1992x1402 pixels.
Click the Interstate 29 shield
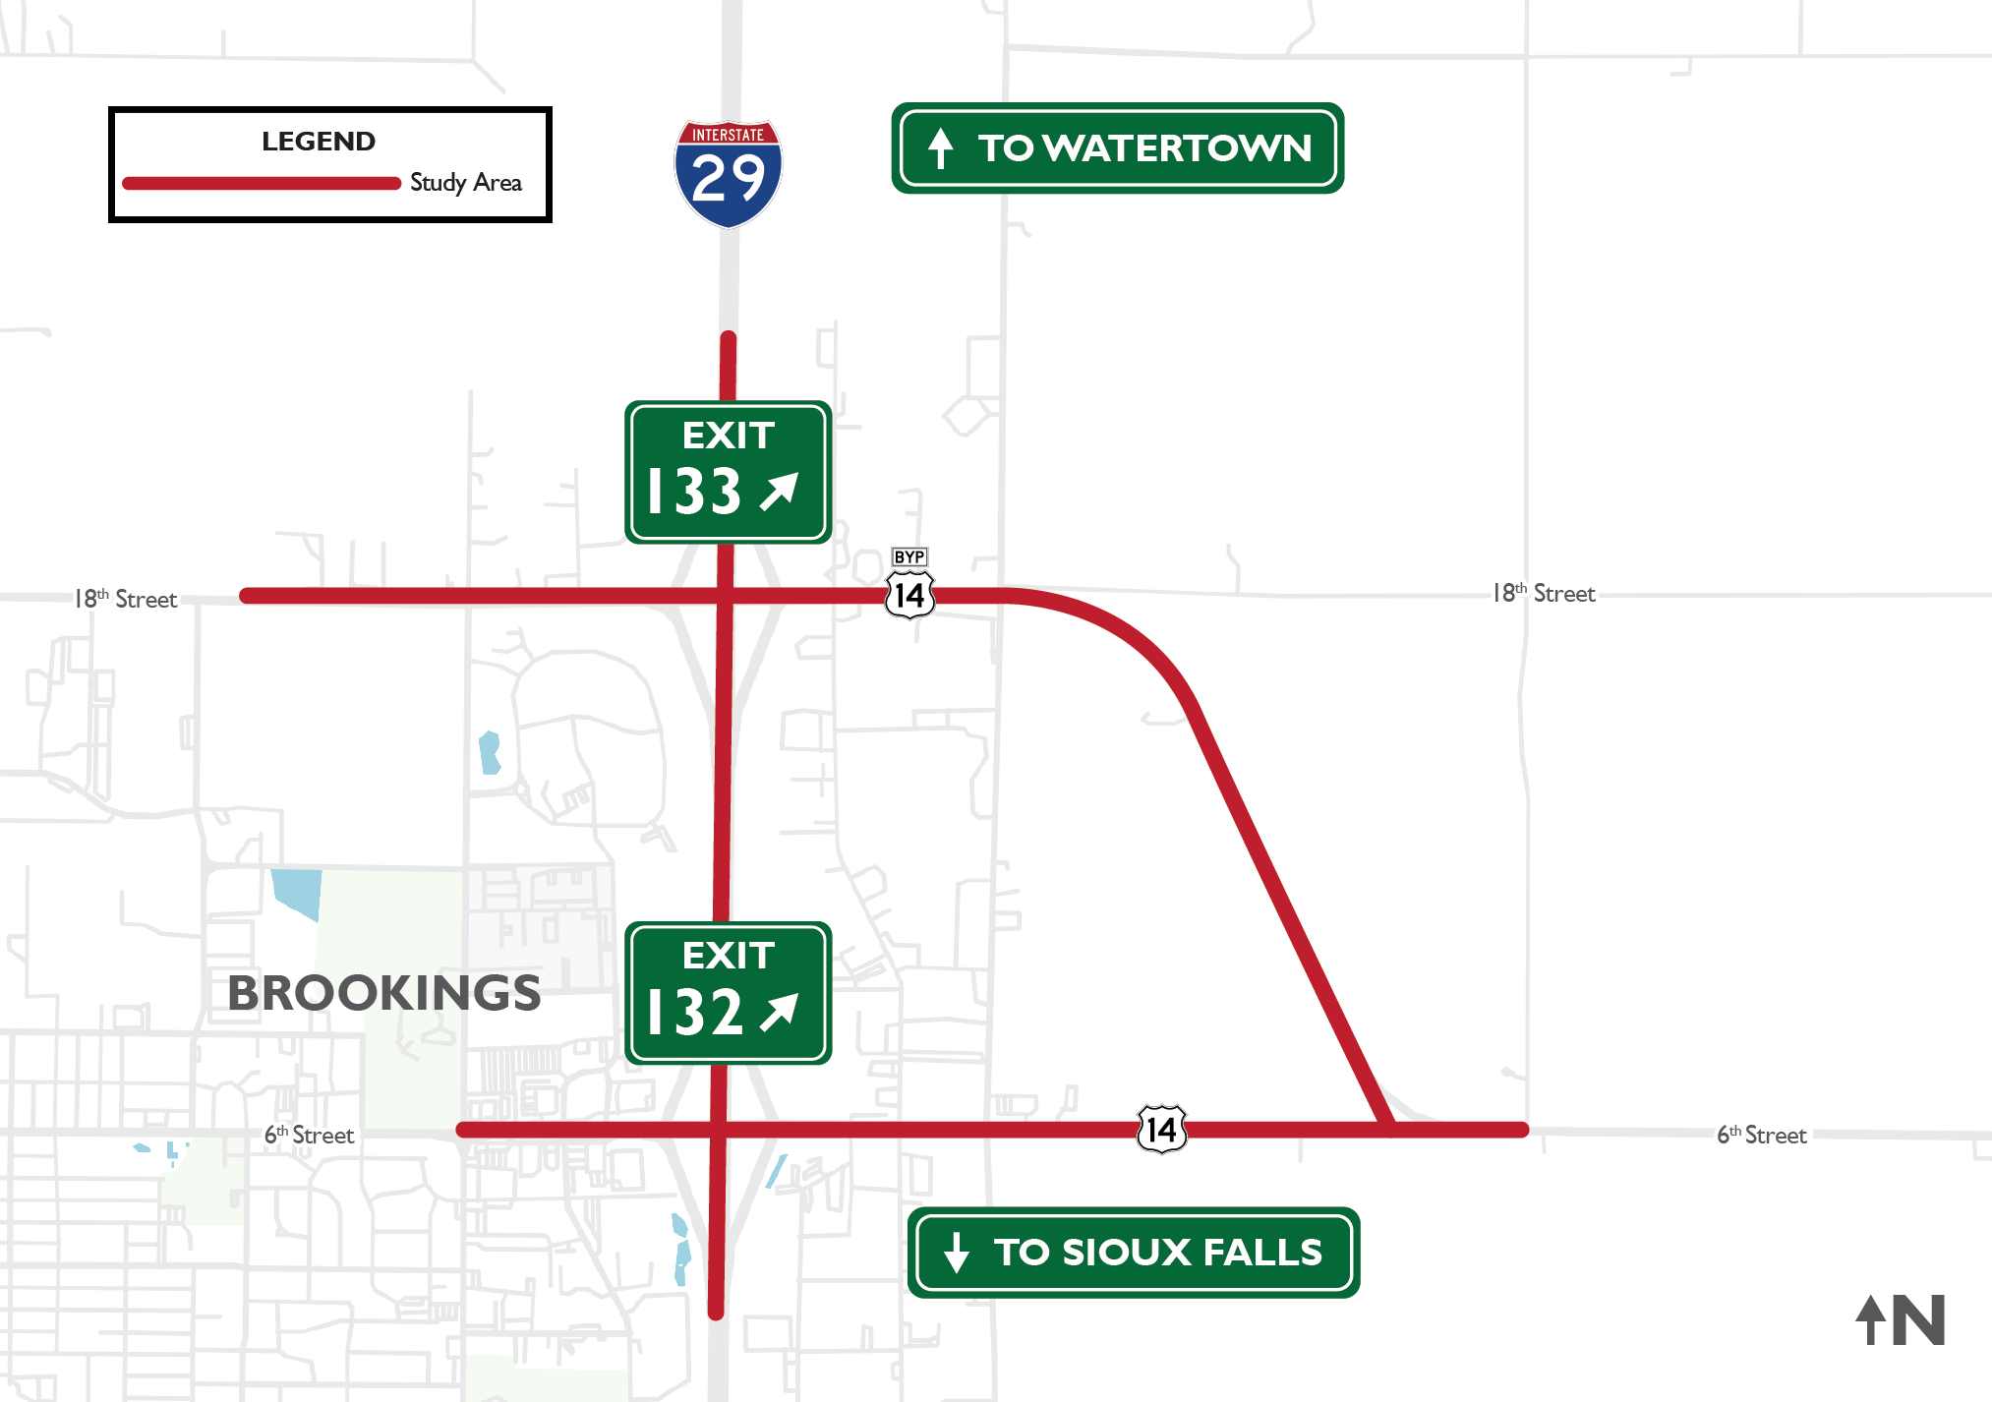(x=728, y=174)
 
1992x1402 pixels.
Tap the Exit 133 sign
(x=728, y=472)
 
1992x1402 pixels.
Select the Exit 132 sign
(x=728, y=993)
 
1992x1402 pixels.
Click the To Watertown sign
(x=1117, y=147)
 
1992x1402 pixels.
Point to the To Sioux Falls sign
(x=1133, y=1252)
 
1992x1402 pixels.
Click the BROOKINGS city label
(x=383, y=993)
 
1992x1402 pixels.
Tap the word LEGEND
(x=319, y=142)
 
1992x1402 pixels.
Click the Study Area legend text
(x=465, y=183)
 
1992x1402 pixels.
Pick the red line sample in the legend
(x=261, y=183)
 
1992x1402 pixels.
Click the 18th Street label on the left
(x=126, y=599)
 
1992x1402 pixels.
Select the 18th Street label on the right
(x=1544, y=593)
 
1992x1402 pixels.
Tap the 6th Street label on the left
(x=309, y=1135)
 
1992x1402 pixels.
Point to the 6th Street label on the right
(x=1761, y=1135)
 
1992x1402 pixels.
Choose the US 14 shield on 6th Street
(x=1161, y=1130)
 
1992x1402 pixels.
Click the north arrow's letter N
(x=1918, y=1320)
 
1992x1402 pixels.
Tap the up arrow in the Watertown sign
(x=941, y=148)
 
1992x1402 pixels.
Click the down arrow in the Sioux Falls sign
(x=956, y=1253)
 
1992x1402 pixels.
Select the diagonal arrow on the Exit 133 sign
(x=780, y=491)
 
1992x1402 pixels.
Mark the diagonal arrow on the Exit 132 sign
(x=780, y=1012)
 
